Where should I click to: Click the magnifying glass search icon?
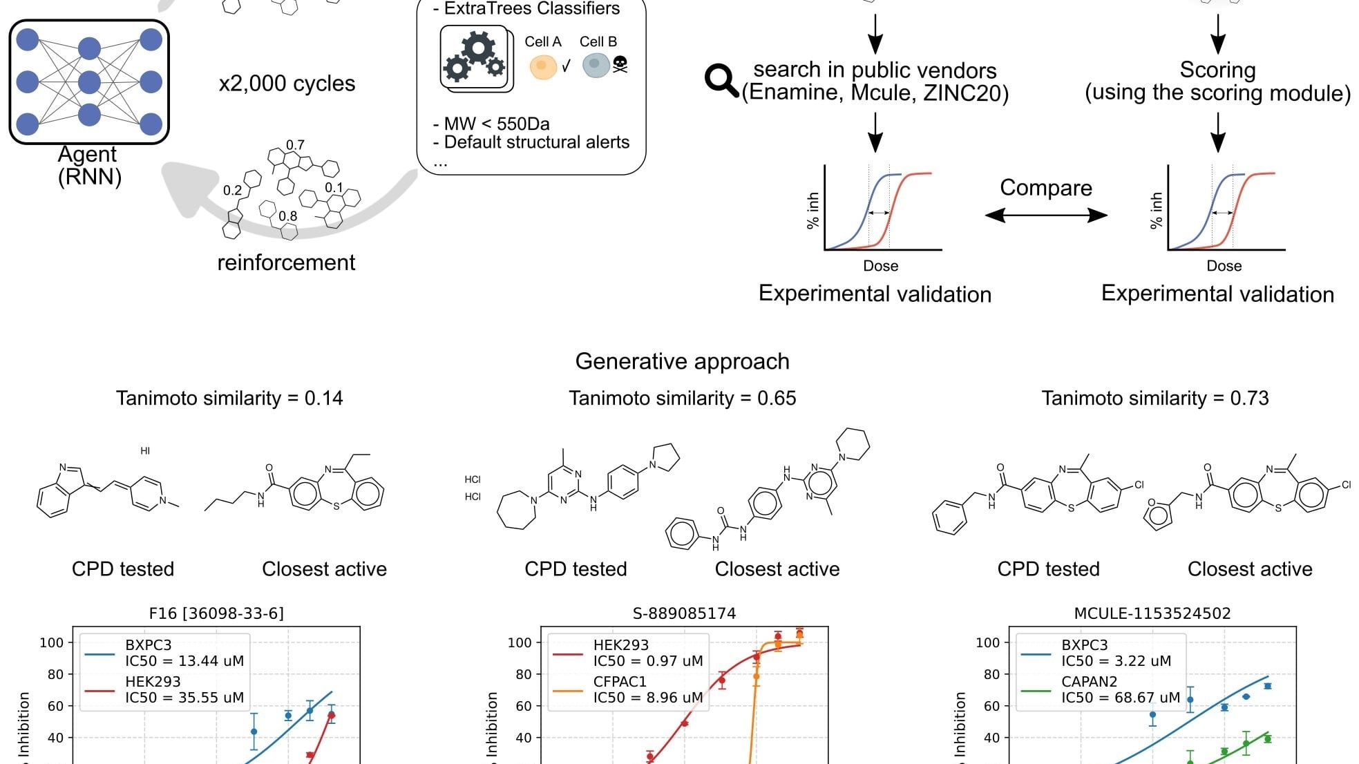click(721, 81)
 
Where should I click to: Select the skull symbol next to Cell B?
click(620, 65)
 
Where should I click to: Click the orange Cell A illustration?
click(543, 66)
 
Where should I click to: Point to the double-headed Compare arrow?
click(1046, 216)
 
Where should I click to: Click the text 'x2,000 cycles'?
click(287, 84)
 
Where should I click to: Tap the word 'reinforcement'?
click(286, 262)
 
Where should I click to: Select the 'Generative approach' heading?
click(682, 361)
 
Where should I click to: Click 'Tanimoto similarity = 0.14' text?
click(229, 399)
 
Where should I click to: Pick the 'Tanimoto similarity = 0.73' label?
click(1155, 399)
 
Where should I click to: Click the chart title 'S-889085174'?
click(684, 613)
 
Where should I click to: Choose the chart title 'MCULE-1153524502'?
click(1152, 613)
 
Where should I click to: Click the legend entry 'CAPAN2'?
click(1089, 682)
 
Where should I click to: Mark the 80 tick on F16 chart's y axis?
click(55, 674)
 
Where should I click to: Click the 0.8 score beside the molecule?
click(288, 216)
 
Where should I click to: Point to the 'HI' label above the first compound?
click(145, 451)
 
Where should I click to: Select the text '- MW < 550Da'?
click(491, 124)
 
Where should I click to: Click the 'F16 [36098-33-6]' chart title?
click(216, 613)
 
